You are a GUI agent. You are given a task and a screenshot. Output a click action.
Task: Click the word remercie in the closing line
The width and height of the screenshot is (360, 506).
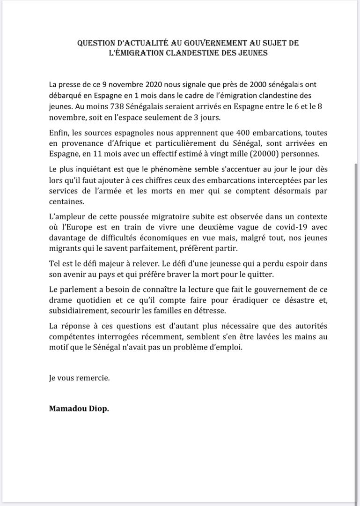pyautogui.click(x=94, y=378)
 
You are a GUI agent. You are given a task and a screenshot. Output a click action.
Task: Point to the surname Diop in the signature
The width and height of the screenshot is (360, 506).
pyautogui.click(x=98, y=409)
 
